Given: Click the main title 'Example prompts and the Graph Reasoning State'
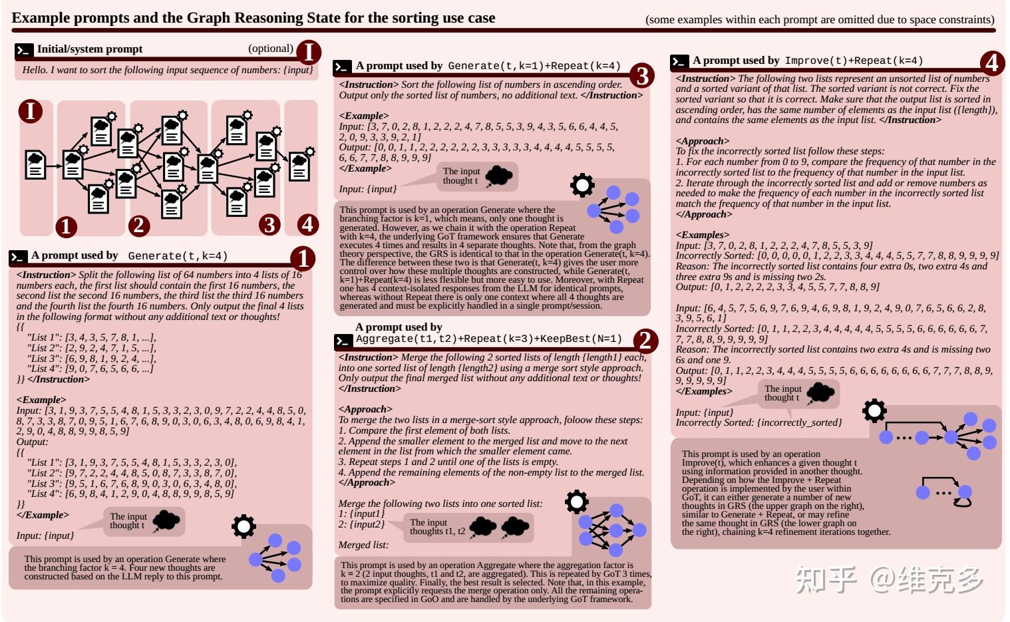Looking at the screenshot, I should click(x=253, y=18).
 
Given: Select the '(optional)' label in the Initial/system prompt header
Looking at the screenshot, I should click(x=270, y=49).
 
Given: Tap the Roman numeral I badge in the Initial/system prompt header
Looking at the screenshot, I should click(x=308, y=52).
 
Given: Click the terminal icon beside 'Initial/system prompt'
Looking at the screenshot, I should click(x=24, y=50).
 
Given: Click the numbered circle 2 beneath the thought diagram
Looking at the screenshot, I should click(x=138, y=226).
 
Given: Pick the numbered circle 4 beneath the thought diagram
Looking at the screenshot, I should click(x=307, y=224).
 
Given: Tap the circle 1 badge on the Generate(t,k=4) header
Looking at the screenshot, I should click(x=303, y=259).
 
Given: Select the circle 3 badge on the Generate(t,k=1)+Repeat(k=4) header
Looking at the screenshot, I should click(x=641, y=76).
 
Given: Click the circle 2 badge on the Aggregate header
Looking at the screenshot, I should click(x=644, y=341).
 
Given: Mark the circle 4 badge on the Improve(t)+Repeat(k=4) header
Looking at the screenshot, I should click(x=991, y=64).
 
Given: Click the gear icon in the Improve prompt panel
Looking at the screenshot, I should click(x=874, y=411).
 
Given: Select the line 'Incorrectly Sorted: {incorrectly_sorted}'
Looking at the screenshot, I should click(x=758, y=422).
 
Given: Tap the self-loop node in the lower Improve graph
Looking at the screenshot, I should click(x=963, y=494).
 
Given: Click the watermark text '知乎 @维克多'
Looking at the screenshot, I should click(x=889, y=579).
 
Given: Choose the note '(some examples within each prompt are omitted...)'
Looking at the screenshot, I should click(x=820, y=20).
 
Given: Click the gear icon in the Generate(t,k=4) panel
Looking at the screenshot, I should click(x=244, y=526).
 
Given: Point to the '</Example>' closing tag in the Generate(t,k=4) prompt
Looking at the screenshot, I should click(x=42, y=515).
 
